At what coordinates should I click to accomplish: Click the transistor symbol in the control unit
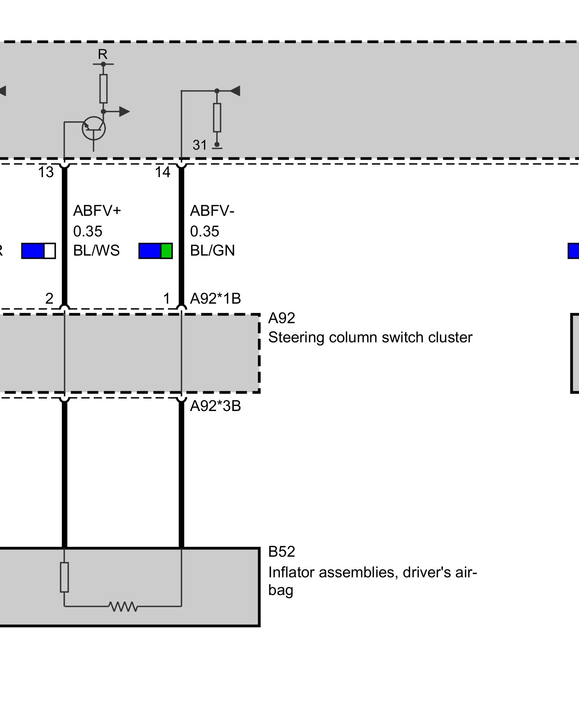pyautogui.click(x=94, y=129)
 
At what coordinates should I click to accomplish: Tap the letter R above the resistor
pyautogui.click(x=103, y=55)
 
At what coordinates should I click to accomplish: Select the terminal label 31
pyautogui.click(x=200, y=145)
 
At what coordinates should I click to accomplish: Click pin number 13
pyautogui.click(x=46, y=172)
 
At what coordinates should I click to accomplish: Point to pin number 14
pyautogui.click(x=162, y=172)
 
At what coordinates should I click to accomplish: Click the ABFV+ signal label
pyautogui.click(x=97, y=210)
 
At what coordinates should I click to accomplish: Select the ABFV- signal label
pyautogui.click(x=212, y=210)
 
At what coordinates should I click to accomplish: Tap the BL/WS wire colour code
pyautogui.click(x=96, y=251)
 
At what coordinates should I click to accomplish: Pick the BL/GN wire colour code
pyautogui.click(x=212, y=251)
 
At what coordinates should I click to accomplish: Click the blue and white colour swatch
pyautogui.click(x=38, y=251)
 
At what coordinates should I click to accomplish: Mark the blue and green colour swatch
pyautogui.click(x=156, y=251)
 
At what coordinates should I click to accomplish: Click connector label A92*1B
pyautogui.click(x=215, y=299)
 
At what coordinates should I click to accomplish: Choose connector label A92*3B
pyautogui.click(x=215, y=406)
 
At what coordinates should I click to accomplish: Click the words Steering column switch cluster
pyautogui.click(x=370, y=338)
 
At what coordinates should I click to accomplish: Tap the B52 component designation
pyautogui.click(x=282, y=552)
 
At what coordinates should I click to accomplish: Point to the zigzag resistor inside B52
pyautogui.click(x=123, y=606)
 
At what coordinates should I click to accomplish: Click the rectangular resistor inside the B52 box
pyautogui.click(x=64, y=577)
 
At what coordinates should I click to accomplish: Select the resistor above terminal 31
pyautogui.click(x=217, y=117)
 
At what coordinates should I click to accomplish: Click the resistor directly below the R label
pyautogui.click(x=103, y=89)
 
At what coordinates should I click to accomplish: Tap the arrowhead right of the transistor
pyautogui.click(x=124, y=112)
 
